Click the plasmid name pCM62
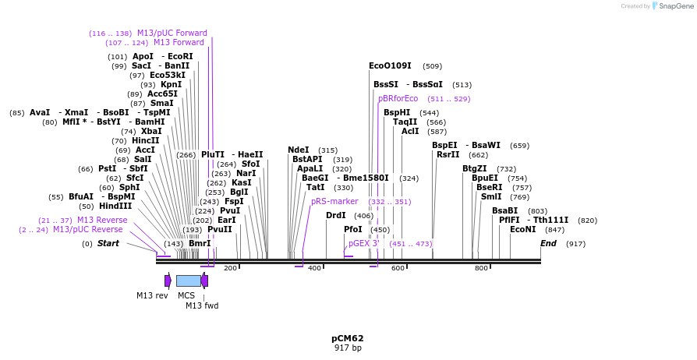347,338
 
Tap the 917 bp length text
347,348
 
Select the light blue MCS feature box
188,281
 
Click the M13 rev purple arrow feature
168,281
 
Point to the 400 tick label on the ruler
314,268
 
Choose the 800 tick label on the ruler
481,268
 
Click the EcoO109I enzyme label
390,66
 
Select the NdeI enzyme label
298,150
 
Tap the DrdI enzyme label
335,215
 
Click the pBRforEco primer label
398,98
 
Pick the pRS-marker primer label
334,201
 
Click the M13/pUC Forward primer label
172,34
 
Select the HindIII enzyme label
115,206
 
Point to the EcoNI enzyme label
522,229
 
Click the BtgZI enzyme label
474,168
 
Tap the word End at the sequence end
548,243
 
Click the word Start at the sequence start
108,243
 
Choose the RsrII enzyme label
448,154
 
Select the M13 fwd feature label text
202,305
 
